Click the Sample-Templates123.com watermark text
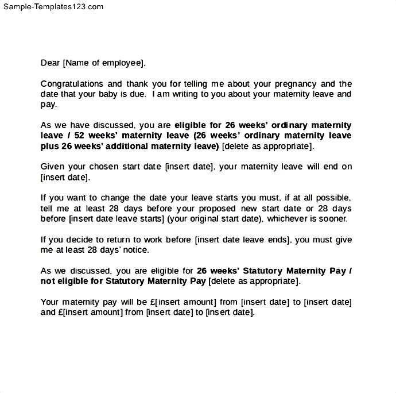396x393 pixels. (52, 7)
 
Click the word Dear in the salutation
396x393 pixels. (51, 63)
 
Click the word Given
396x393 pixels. (52, 167)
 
